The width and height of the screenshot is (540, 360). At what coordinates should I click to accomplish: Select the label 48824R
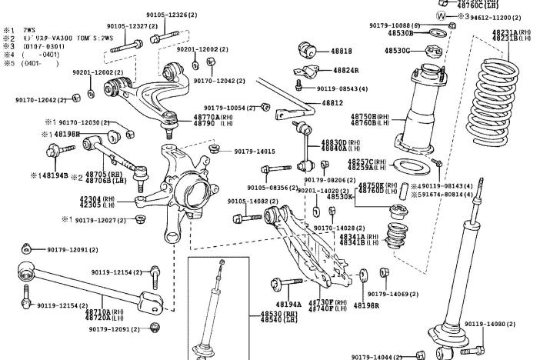[345, 70]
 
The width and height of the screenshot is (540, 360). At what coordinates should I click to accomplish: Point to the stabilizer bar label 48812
[332, 102]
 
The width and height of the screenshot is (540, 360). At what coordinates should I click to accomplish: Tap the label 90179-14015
[254, 152]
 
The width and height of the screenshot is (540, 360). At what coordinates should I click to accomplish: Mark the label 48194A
[287, 304]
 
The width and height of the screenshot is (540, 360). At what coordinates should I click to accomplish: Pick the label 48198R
[367, 305]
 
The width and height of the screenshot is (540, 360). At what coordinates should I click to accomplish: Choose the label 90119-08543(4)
[341, 88]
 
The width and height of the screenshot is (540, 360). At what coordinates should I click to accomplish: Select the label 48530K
[339, 197]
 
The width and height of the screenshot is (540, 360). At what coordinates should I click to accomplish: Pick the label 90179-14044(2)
[377, 357]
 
